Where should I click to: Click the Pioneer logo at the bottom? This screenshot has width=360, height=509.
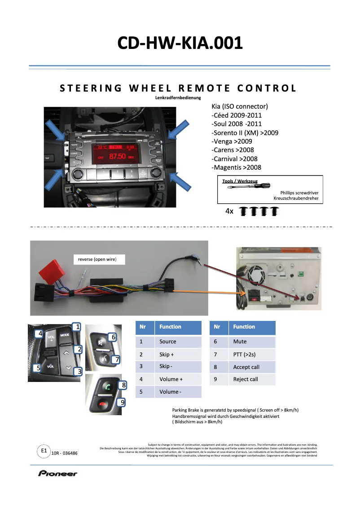(x=57, y=473)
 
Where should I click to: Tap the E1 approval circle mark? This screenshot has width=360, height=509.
(x=44, y=450)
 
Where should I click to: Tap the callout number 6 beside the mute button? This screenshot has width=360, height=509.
(x=114, y=337)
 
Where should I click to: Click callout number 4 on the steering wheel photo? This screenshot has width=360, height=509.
(x=40, y=333)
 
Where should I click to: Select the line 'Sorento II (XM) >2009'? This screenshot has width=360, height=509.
(x=245, y=132)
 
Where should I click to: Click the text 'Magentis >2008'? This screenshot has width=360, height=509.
(x=236, y=167)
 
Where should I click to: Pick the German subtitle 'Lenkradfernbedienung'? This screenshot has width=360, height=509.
(x=178, y=98)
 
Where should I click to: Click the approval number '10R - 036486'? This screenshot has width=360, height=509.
(x=65, y=453)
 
